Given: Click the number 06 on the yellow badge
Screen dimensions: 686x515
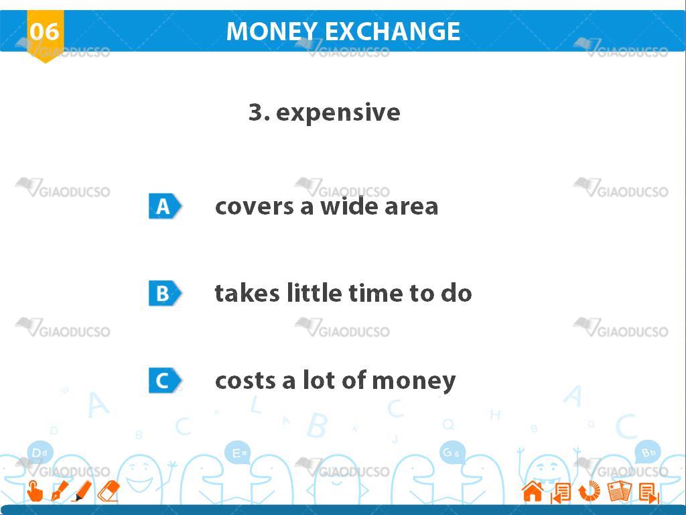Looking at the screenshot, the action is click(x=44, y=32).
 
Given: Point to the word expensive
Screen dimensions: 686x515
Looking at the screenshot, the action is click(x=338, y=113).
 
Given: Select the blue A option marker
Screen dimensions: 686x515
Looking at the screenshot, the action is click(x=165, y=206).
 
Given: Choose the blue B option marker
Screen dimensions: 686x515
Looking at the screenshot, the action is click(x=165, y=293).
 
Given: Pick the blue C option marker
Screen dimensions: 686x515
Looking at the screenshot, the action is click(x=165, y=380).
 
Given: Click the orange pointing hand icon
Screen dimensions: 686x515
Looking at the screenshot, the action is click(x=35, y=491).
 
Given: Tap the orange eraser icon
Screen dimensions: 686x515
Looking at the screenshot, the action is click(x=108, y=491).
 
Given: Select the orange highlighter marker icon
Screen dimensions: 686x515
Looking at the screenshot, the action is click(x=82, y=491).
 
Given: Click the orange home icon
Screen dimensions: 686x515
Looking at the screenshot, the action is click(x=533, y=491).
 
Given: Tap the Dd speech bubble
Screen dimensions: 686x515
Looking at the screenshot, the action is click(x=40, y=453).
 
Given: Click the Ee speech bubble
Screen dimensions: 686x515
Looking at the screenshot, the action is click(x=238, y=453).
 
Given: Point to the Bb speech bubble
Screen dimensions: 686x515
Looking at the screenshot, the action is click(x=648, y=453).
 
